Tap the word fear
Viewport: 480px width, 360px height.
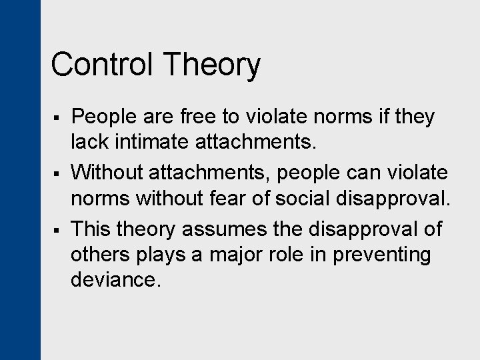tap(269, 199)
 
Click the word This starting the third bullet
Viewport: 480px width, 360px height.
tap(91, 229)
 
